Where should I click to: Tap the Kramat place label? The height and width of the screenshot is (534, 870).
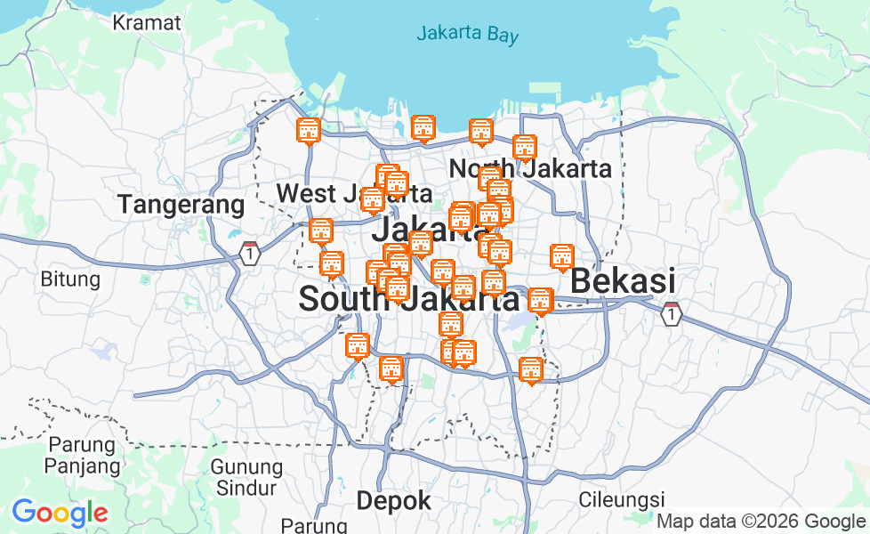tap(147, 22)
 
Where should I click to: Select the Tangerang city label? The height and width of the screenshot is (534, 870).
tap(181, 205)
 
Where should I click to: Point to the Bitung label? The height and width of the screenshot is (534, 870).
tap(70, 279)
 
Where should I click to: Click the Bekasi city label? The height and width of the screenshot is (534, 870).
tap(622, 281)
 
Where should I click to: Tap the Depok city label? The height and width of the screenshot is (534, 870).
tap(393, 501)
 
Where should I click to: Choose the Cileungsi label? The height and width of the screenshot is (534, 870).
tap(622, 498)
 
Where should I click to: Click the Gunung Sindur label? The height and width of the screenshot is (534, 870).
tap(246, 476)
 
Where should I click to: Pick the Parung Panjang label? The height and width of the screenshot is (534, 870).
tap(82, 454)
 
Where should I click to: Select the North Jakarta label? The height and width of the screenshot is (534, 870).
tap(530, 168)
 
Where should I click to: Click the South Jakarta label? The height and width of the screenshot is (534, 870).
tap(408, 299)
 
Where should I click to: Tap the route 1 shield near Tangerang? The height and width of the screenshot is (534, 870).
tap(251, 254)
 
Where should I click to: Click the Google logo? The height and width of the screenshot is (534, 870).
tap(60, 513)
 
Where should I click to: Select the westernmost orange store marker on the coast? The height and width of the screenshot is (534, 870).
tap(308, 131)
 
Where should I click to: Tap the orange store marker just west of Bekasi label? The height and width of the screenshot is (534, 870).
tap(561, 257)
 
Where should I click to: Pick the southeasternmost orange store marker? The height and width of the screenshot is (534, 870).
tap(531, 370)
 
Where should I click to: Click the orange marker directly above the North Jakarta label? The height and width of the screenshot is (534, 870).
tap(525, 148)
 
